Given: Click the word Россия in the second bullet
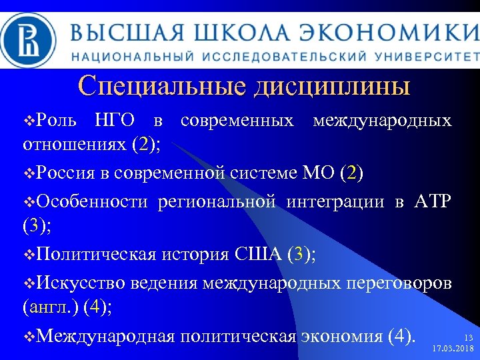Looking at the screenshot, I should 66,174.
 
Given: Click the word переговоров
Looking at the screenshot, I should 398,282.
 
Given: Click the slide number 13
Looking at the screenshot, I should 468,338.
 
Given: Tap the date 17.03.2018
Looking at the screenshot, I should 453,349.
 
